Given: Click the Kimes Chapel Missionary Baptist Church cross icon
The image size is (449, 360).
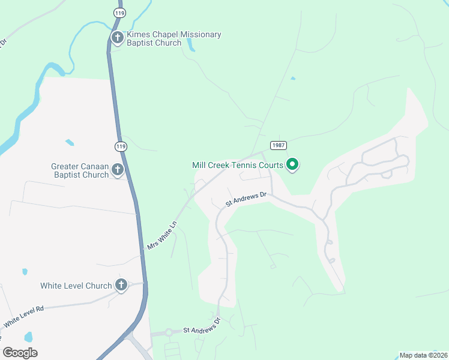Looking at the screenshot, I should [x=117, y=38].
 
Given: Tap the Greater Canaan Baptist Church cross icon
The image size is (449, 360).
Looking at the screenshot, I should [x=117, y=170].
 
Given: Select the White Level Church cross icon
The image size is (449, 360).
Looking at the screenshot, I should [x=121, y=286].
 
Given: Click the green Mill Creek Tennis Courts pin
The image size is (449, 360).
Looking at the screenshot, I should [x=292, y=164].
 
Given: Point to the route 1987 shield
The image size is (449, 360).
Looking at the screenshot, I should [x=278, y=145].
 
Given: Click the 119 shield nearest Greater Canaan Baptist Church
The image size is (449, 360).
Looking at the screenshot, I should [x=121, y=146].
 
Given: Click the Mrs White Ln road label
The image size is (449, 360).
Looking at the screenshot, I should [x=162, y=235].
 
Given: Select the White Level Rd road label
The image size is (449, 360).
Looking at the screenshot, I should [x=25, y=316].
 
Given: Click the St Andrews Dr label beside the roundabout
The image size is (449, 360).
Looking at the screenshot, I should [x=202, y=326].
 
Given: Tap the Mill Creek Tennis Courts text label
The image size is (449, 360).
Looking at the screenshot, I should [x=238, y=165].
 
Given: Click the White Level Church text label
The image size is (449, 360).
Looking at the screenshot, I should [x=76, y=286].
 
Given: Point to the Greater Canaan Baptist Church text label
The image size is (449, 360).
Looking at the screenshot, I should [x=80, y=170].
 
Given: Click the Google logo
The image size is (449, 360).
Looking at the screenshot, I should [x=20, y=353].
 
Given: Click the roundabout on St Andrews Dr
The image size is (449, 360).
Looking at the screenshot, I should [x=169, y=332].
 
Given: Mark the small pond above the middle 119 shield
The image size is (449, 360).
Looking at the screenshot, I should [x=70, y=142].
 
